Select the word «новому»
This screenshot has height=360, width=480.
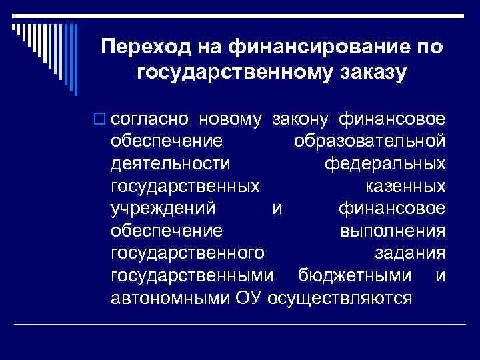(228, 119)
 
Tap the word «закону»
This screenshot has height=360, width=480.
(300, 119)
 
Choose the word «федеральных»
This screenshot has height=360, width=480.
(385, 163)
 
